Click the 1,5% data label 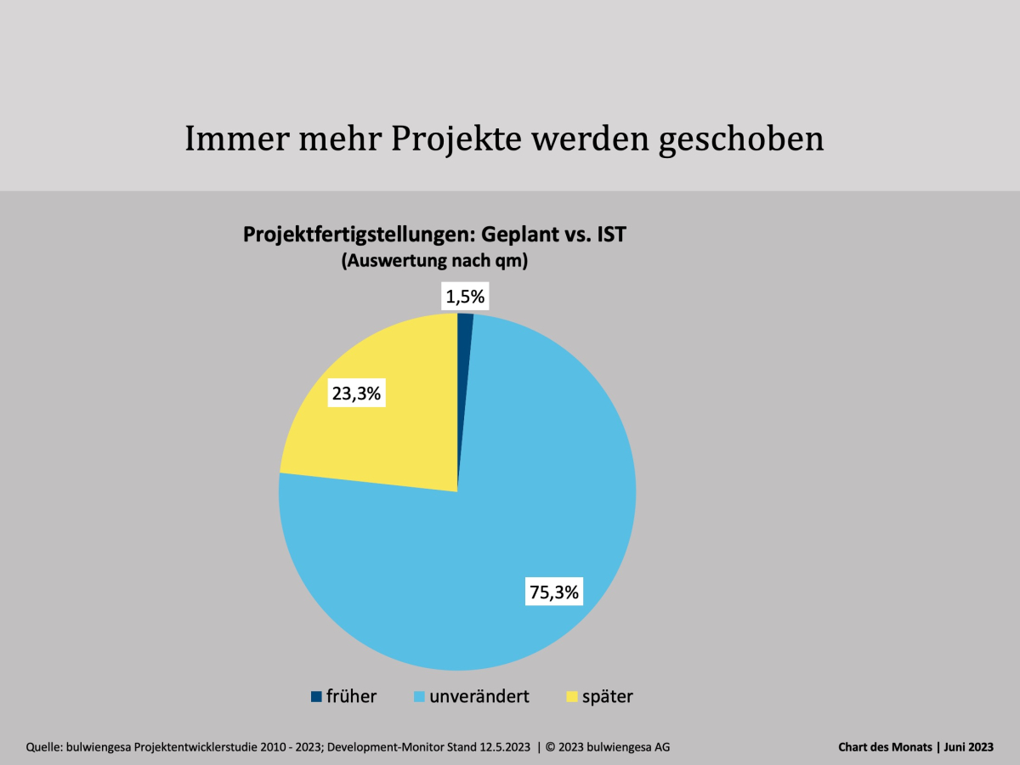[464, 297]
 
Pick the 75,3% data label [554, 592]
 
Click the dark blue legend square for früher [316, 696]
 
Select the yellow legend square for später [571, 696]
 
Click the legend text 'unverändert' [479, 696]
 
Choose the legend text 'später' [607, 696]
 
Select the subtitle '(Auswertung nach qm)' [435, 262]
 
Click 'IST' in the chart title [609, 235]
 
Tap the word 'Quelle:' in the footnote [47, 747]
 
